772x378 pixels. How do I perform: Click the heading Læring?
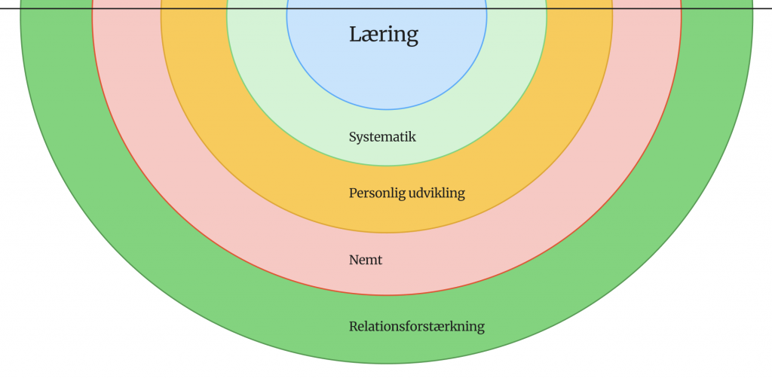pos(383,35)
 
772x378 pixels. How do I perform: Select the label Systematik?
pos(382,137)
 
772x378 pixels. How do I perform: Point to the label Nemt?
pos(366,260)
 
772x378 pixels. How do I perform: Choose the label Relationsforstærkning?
pos(416,327)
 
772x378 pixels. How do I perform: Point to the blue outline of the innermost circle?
pos(387,111)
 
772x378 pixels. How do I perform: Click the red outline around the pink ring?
pos(387,294)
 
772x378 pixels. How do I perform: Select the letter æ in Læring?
pos(366,35)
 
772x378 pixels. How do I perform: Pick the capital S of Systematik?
pos(353,137)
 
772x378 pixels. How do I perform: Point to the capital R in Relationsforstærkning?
pos(354,327)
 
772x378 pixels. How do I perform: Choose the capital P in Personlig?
pos(353,193)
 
